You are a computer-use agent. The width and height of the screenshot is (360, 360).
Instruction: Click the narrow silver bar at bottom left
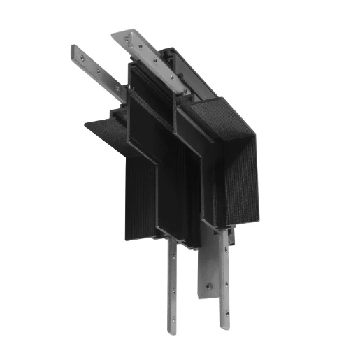[x=171, y=287]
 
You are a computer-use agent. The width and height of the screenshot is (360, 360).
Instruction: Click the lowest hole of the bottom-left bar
[x=171, y=322]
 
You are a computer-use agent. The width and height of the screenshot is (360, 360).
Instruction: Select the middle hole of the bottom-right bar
[x=224, y=283]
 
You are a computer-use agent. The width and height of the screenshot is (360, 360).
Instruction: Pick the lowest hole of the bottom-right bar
[x=224, y=318]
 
